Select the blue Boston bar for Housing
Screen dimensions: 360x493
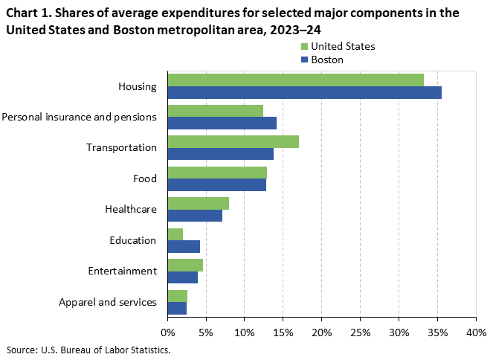[x=304, y=92]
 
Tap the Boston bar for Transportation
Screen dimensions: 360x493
[x=220, y=154]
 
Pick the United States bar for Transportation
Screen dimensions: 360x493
[x=233, y=141]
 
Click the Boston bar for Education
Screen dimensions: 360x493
[x=184, y=246]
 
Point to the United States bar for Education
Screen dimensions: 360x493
[x=175, y=234]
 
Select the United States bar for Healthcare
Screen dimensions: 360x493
[x=198, y=203]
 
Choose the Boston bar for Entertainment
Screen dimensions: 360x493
[x=182, y=277]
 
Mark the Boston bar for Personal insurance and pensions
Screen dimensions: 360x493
[x=222, y=123]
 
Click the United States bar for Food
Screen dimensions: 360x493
[x=217, y=173]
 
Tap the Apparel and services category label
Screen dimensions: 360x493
[x=108, y=302]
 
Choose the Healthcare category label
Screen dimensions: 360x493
[x=132, y=210]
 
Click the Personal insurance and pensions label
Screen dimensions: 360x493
[x=80, y=117]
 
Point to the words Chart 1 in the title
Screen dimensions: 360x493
[x=28, y=13]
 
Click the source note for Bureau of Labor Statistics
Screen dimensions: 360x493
[x=88, y=350]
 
